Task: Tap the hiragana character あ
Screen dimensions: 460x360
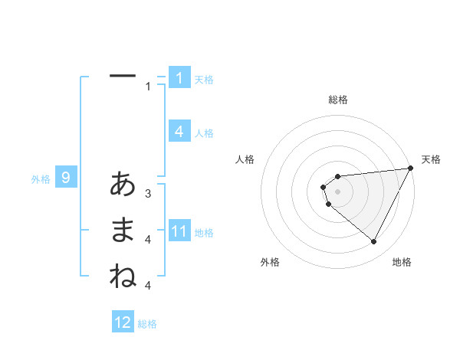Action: (x=123, y=184)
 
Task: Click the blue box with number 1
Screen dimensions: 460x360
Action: (x=179, y=78)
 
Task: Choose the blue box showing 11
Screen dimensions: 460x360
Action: (x=179, y=231)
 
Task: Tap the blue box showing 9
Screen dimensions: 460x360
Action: (x=66, y=178)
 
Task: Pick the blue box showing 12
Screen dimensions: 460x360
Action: (x=123, y=322)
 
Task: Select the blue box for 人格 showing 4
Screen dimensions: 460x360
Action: (x=179, y=132)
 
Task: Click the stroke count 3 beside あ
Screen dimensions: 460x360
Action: (x=148, y=193)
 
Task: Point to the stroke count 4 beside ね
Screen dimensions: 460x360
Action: (x=148, y=286)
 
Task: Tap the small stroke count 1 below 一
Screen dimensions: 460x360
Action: (x=148, y=87)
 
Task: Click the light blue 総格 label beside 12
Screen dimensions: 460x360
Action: (x=147, y=324)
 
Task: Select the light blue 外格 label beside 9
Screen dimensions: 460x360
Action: (x=41, y=179)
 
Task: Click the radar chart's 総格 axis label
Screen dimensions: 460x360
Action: (x=338, y=100)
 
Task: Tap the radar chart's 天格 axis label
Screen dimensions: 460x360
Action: (x=432, y=159)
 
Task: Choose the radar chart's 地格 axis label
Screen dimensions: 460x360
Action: (x=402, y=262)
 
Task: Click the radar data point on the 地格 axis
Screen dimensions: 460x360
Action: (x=374, y=242)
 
